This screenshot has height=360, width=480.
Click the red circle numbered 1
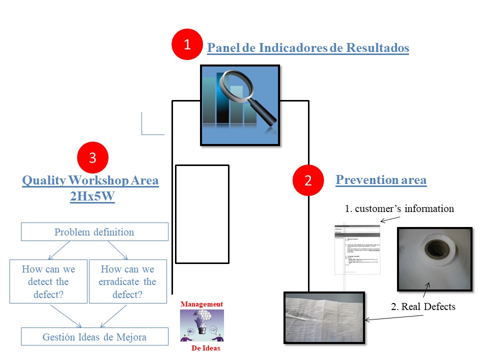pyautogui.click(x=187, y=44)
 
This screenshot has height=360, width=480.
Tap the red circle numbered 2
pyautogui.click(x=308, y=180)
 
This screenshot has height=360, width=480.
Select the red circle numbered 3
pyautogui.click(x=92, y=158)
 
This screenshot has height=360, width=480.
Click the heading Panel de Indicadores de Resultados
pyautogui.click(x=308, y=48)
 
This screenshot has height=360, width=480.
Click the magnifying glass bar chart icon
pyautogui.click(x=240, y=105)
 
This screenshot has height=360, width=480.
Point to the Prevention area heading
pyautogui.click(x=381, y=180)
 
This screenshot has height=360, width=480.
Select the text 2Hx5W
pyautogui.click(x=92, y=196)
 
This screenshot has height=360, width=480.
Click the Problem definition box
pyautogui.click(x=94, y=232)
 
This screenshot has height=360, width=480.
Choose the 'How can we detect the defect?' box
pyautogui.click(x=48, y=281)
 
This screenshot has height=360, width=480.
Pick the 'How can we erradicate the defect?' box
pyautogui.click(x=127, y=281)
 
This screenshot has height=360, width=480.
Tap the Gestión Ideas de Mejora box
pyautogui.click(x=94, y=336)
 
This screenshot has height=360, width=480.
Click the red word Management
pyautogui.click(x=202, y=304)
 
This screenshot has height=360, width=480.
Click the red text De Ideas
pyautogui.click(x=205, y=348)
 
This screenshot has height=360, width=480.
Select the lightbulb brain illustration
pyautogui.click(x=202, y=325)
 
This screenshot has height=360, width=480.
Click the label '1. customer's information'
pyautogui.click(x=399, y=209)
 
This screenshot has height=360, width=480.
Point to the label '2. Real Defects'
pyautogui.click(x=423, y=306)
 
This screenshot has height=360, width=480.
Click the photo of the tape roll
pyautogui.click(x=434, y=259)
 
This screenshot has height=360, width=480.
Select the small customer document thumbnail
pyautogui.click(x=357, y=250)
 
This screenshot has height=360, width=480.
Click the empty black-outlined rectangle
pyautogui.click(x=202, y=214)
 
